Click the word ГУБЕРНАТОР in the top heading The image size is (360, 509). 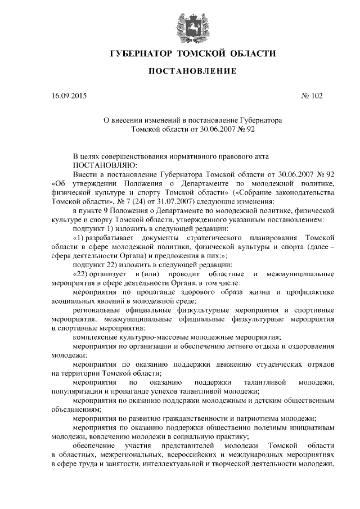coord(141,54)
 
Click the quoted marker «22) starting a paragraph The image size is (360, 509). coord(85,273)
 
